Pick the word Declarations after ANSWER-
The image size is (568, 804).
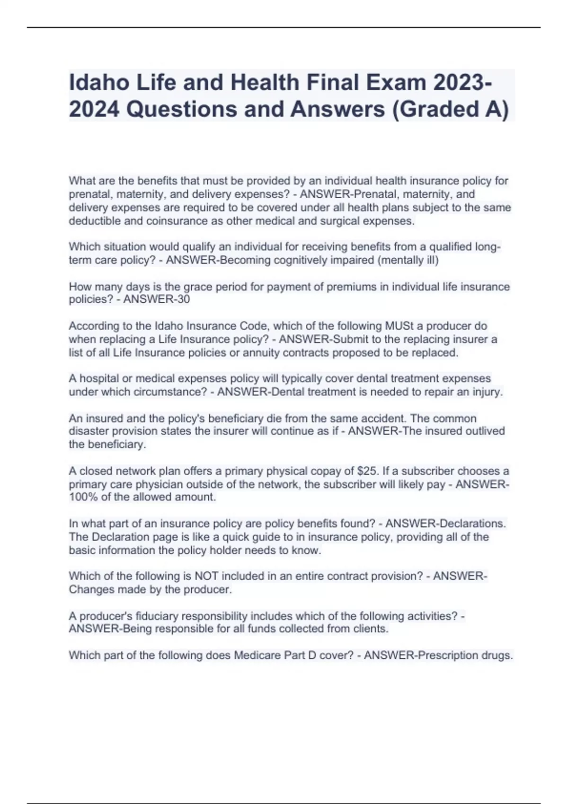pos(473,524)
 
